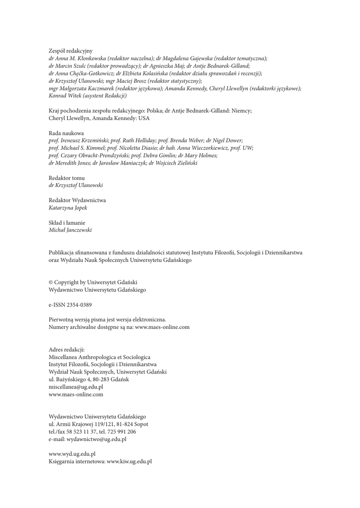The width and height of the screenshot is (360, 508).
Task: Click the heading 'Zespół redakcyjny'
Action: pos(71,51)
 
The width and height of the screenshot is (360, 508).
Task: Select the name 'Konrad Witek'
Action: pos(63,95)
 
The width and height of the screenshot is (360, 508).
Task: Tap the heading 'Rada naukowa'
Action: pos(66,133)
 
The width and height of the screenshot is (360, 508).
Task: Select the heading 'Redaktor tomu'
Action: pos(67,178)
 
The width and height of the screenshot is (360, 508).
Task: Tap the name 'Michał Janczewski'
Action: pos(70,230)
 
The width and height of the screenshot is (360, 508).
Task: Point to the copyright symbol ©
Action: pos(51,282)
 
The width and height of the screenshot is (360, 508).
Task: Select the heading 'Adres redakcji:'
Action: pos(67,350)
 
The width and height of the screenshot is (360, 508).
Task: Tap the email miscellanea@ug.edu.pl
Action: pos(76,387)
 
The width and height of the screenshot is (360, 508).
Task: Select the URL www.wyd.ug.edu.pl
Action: pos(72,454)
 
